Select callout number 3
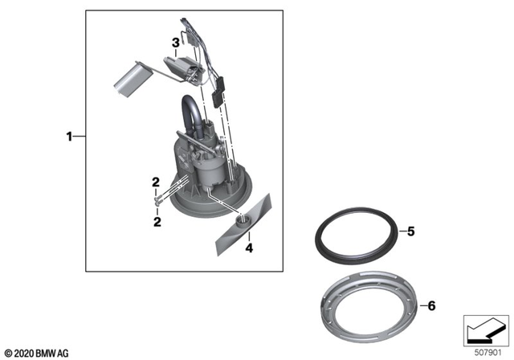(174, 42)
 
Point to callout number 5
(410, 232)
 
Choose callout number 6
(431, 305)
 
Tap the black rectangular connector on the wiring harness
(216, 102)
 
